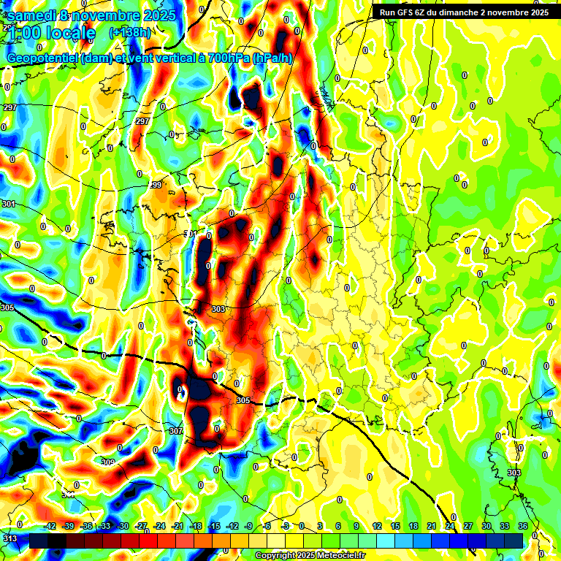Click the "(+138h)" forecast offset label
pyautogui.click(x=130, y=32)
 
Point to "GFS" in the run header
pyautogui.click(x=408, y=12)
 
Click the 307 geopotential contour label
pyautogui.click(x=176, y=431)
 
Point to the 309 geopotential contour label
pyautogui.click(x=108, y=462)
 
